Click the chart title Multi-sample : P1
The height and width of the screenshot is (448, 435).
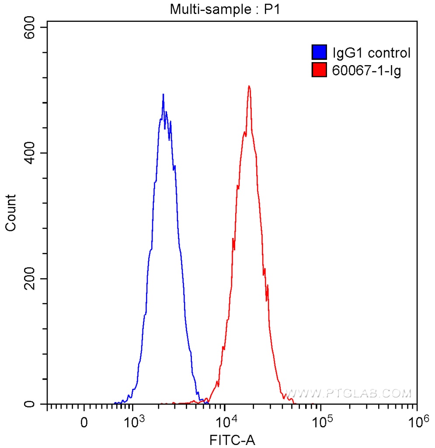[225, 10]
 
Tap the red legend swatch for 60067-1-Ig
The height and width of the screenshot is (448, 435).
[320, 70]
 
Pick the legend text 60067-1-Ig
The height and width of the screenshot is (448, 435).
[367, 70]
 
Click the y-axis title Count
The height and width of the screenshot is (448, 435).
[10, 213]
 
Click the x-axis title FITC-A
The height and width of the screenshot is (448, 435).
[232, 439]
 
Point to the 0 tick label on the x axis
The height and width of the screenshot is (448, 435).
[84, 423]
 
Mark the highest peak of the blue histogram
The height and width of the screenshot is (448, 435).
[163, 94]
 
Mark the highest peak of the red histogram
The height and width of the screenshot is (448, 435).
[249, 86]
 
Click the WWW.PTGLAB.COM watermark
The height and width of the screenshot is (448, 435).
[348, 393]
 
